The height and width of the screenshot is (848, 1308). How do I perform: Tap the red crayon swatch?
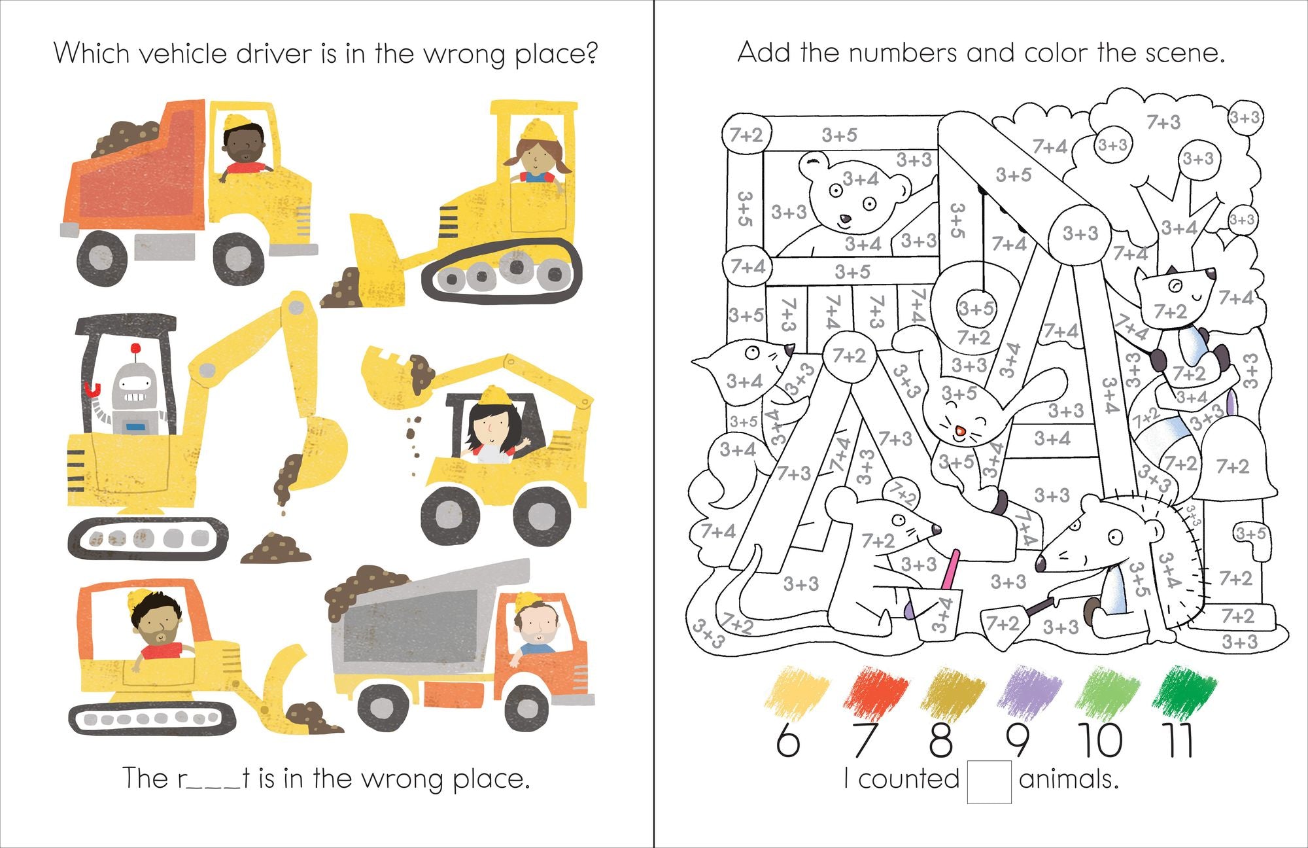[x=876, y=691]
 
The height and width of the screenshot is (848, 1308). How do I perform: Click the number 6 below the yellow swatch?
[x=788, y=741]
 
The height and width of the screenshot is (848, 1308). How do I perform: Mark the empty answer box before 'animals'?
[x=989, y=781]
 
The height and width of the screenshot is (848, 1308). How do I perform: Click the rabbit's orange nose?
[x=960, y=431]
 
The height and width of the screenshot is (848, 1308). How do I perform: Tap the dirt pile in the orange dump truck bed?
[x=128, y=138]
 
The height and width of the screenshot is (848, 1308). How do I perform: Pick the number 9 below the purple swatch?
[x=1018, y=741]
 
